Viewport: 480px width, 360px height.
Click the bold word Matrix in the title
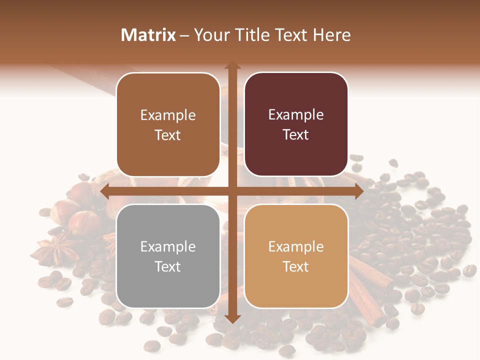(148, 35)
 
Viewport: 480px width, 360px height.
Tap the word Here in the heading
(331, 35)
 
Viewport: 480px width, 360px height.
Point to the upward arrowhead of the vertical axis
(232, 65)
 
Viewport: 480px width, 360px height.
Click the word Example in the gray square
(168, 246)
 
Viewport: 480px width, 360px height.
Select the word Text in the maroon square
(296, 134)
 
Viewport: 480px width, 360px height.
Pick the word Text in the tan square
(296, 266)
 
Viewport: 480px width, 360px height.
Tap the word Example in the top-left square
(168, 115)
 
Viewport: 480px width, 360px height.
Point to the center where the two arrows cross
(232, 191)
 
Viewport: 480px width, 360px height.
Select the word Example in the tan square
(296, 246)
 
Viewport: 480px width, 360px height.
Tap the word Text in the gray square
(168, 266)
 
